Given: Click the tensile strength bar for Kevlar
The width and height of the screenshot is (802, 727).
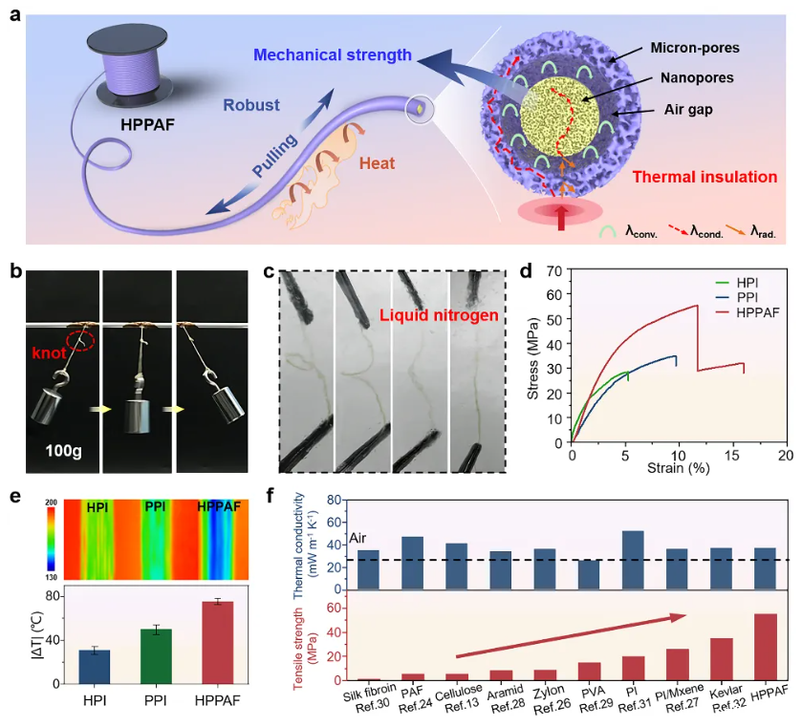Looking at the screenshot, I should click(722, 659).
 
